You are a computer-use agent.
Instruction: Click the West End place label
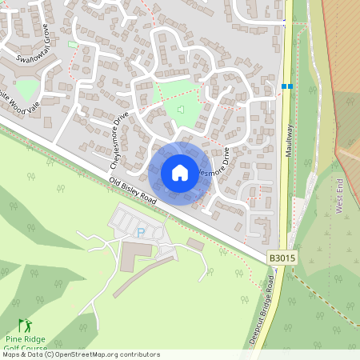pyautogui.click(x=339, y=197)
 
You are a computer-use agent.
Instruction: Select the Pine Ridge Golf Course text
pyautogui.click(x=26, y=344)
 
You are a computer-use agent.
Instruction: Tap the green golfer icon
pyautogui.click(x=24, y=326)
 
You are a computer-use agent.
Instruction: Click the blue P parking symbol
pyautogui.click(x=141, y=232)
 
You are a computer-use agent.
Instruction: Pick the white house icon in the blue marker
pyautogui.click(x=180, y=173)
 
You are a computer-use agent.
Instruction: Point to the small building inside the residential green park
pyautogui.click(x=181, y=110)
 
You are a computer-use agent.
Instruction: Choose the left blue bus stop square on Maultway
pyautogui.click(x=284, y=86)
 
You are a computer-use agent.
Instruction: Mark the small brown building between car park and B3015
pyautogui.click(x=195, y=243)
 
